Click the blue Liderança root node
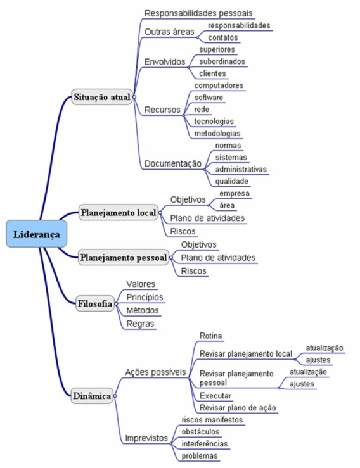37,234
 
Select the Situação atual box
102,97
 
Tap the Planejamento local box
119,213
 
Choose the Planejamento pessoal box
124,257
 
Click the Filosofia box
95,303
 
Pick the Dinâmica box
92,396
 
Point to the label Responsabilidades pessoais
198,13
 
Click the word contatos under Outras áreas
223,37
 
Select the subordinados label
222,61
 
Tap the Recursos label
162,110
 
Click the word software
209,98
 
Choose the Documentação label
173,163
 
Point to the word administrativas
241,170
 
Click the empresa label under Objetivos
235,193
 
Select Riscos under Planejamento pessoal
193,270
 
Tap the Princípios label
145,297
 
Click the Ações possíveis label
155,372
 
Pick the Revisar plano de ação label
238,408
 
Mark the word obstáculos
200,432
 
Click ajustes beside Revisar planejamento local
318,360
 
